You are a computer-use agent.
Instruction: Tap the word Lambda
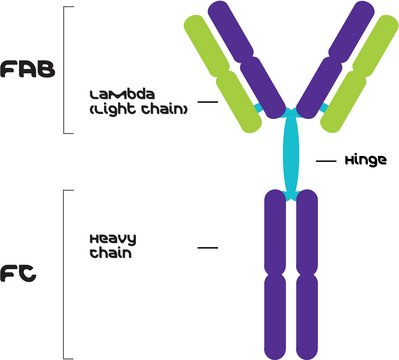pos(118,94)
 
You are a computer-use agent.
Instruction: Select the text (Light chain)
pos(138,108)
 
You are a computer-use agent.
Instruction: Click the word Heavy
pos(106,238)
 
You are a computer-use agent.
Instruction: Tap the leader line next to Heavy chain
pos(207,245)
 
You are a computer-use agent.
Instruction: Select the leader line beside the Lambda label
pos(207,101)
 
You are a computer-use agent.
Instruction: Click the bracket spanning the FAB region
pos(65,70)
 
